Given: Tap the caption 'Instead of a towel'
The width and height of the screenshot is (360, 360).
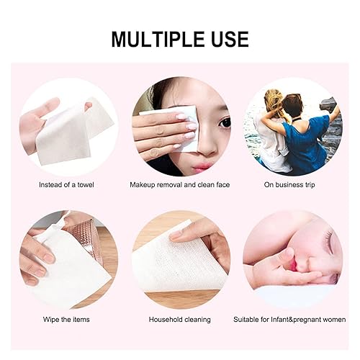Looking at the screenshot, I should pyautogui.click(x=66, y=185).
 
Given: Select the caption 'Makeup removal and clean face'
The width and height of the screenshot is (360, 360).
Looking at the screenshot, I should pyautogui.click(x=180, y=185).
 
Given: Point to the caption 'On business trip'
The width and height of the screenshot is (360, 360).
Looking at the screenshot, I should pyautogui.click(x=293, y=185).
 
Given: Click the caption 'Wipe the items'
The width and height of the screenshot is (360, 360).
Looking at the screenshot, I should pyautogui.click(x=66, y=319).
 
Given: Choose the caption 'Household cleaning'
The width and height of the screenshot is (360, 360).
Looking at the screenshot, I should pyautogui.click(x=180, y=319).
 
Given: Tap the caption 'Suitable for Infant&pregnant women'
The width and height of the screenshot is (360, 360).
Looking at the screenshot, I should pyautogui.click(x=294, y=319).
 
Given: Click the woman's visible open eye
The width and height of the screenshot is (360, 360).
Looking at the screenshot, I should pyautogui.click(x=225, y=122).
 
